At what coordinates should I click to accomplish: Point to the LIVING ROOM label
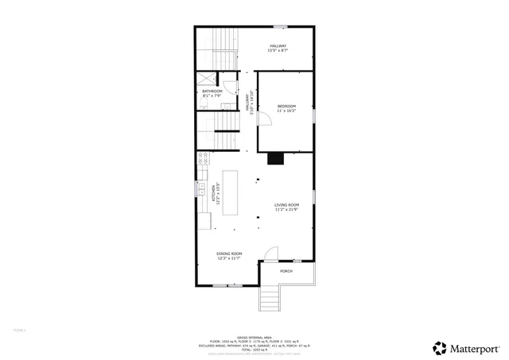[x=286, y=207]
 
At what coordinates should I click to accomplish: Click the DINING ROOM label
[x=229, y=255]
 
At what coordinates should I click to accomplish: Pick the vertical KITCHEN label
[x=215, y=194]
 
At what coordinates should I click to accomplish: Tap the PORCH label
[x=286, y=272]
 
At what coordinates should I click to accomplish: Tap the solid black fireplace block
[x=276, y=158]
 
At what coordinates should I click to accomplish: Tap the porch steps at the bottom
[x=270, y=300]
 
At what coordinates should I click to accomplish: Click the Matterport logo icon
[x=438, y=347]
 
